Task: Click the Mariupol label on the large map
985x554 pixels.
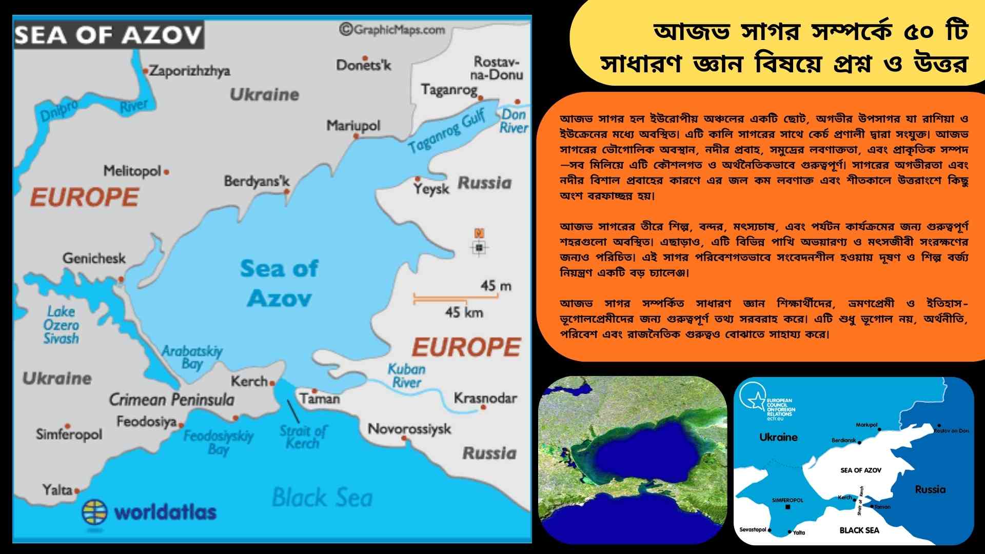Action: pos(353,126)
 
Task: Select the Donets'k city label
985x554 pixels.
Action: pos(363,65)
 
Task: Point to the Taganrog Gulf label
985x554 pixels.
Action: pos(446,131)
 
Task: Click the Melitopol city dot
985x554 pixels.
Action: pos(166,172)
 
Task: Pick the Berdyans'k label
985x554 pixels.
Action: pos(257,182)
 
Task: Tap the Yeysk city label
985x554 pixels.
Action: pos(431,189)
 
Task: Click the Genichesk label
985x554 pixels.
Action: pos(94,258)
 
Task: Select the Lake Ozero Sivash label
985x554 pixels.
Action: pos(61,325)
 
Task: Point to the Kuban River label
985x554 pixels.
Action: pos(406,375)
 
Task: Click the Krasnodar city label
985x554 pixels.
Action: pos(485,398)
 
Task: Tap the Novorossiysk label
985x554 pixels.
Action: pos(409,429)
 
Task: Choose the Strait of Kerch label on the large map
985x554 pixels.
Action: pos(303,437)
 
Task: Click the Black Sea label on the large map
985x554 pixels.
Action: pos(322,498)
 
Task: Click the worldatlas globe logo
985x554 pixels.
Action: pos(95,511)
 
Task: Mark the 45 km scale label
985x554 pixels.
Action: pos(464,312)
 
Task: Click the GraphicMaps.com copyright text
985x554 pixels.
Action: pos(392,30)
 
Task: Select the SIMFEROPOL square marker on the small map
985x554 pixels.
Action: pos(788,507)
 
